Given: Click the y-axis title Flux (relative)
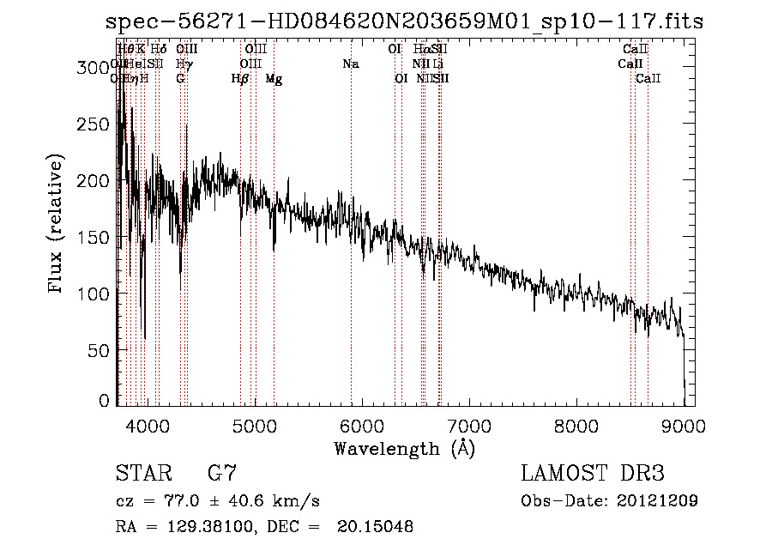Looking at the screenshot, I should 57,225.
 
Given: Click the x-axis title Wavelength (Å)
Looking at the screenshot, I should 404,448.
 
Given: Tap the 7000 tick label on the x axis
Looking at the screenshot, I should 469,425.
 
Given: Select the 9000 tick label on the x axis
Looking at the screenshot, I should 684,425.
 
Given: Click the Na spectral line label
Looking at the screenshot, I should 350,64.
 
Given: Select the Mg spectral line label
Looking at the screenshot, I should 274,79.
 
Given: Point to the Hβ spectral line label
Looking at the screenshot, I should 240,79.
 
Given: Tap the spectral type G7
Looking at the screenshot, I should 222,473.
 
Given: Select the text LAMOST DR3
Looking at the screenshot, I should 593,473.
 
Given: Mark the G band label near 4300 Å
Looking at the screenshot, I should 180,79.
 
